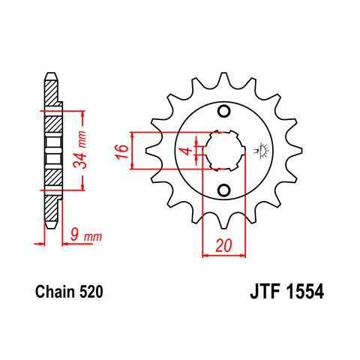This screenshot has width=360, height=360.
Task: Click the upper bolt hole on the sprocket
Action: click(x=223, y=111)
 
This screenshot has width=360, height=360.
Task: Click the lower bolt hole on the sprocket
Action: click(x=223, y=190)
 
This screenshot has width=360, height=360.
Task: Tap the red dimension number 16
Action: click(x=122, y=151)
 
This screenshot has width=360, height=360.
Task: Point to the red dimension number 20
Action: click(x=223, y=245)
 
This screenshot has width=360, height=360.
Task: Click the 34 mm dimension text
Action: click(x=80, y=149)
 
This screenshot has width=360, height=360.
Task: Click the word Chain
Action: click(x=55, y=292)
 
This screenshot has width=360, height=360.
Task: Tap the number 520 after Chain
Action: click(x=91, y=292)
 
